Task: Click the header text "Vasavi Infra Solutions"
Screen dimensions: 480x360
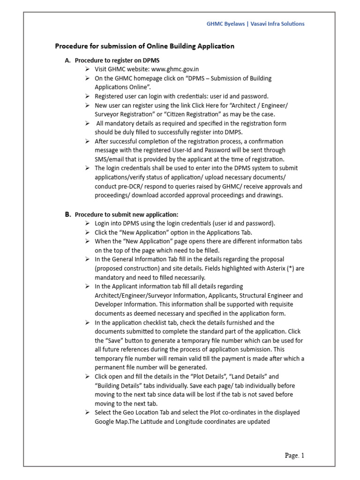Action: (277, 24)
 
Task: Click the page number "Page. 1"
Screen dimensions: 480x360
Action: (295, 455)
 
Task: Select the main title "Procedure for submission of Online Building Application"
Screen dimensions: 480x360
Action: (145, 46)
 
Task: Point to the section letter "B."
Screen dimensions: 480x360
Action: (68, 214)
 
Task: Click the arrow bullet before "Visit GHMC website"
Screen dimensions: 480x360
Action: (87, 69)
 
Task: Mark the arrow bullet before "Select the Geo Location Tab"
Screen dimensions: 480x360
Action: (87, 412)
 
